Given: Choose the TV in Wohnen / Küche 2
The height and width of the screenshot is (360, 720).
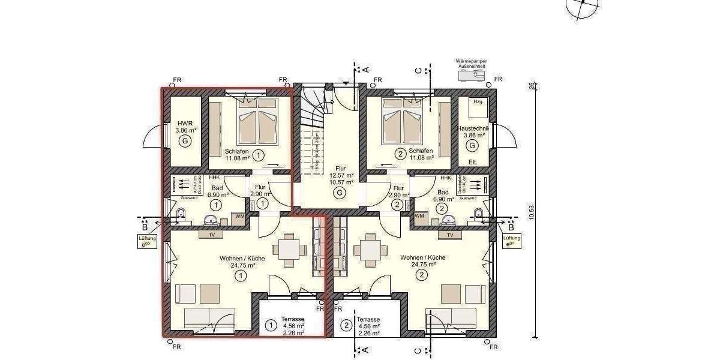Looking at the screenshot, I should tap(449, 235).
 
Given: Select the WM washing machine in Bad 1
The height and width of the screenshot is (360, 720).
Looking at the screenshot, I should tap(239, 216).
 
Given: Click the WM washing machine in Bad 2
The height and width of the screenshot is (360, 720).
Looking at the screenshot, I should tap(419, 216).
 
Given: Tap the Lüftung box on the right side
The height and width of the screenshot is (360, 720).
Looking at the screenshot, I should tap(512, 242).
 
